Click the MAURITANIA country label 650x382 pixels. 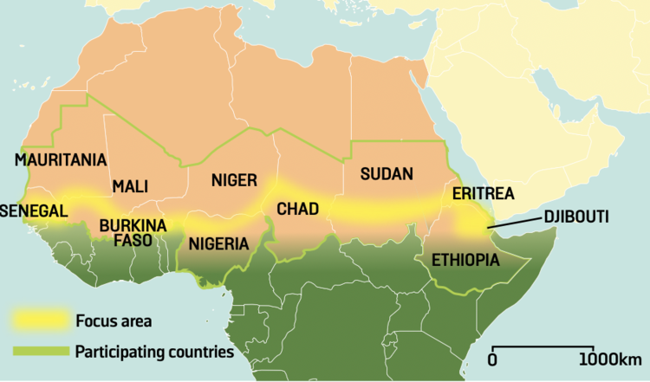61,160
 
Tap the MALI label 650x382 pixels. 130,186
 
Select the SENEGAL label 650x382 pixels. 35,211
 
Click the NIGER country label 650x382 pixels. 235,180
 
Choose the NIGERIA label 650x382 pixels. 218,243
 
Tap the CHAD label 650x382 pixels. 297,209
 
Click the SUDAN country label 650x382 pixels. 387,172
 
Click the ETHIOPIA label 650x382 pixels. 459,258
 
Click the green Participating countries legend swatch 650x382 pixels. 39,353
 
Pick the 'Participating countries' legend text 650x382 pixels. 154,353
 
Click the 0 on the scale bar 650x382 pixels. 492,359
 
